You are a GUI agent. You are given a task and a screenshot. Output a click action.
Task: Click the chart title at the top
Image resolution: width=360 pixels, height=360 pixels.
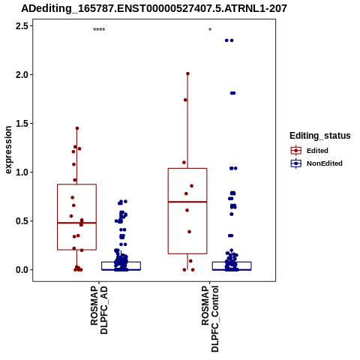point(154,9)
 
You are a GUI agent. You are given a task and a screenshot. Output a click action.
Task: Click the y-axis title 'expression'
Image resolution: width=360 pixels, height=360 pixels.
point(8,150)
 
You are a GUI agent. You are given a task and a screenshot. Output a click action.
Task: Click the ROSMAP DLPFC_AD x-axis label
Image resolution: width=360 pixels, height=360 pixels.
point(99,310)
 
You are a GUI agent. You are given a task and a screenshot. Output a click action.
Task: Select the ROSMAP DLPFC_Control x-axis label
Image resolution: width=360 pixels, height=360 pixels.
point(210,319)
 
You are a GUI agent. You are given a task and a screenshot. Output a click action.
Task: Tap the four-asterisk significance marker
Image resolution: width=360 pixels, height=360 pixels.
point(99,30)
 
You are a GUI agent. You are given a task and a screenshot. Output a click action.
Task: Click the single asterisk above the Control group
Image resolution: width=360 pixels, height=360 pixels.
point(210,30)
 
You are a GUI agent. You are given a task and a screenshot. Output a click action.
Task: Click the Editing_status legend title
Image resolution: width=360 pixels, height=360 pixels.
point(320,136)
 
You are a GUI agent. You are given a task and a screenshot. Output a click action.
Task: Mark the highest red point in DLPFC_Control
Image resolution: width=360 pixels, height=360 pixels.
point(187,73)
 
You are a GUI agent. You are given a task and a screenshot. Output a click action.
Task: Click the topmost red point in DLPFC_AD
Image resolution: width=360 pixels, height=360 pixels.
point(77,128)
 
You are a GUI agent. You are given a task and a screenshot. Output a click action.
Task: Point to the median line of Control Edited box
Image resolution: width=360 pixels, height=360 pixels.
point(187,202)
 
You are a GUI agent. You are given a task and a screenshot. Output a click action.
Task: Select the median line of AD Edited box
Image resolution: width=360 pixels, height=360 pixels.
point(76,223)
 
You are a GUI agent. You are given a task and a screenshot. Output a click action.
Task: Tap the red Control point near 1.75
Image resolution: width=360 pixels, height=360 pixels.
point(185,100)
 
